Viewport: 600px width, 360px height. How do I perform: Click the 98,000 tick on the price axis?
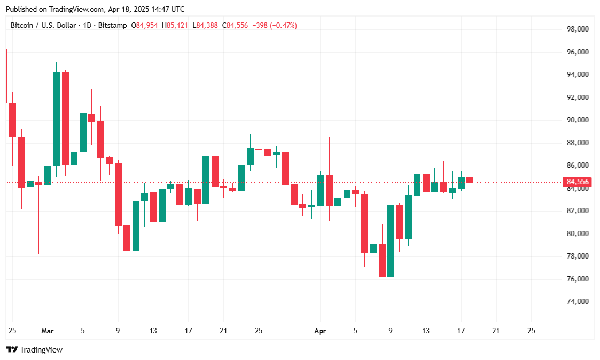[x=578, y=29]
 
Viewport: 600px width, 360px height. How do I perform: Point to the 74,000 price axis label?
[x=578, y=302]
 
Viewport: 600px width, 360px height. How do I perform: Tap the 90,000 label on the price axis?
[x=578, y=120]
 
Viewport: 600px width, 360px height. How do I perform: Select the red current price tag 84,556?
[x=577, y=182]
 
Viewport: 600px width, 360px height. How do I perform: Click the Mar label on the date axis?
[x=48, y=331]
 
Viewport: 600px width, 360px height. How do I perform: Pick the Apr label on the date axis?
[x=320, y=331]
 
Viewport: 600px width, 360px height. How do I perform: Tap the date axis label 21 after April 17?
[x=496, y=331]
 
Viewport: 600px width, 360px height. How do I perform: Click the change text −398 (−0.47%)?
[x=275, y=25]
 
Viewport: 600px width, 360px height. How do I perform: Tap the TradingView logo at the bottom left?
[x=34, y=350]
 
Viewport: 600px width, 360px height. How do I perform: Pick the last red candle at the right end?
[x=470, y=180]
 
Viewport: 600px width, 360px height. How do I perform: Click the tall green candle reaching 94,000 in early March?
[x=56, y=119]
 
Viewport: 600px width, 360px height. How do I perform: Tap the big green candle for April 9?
[x=391, y=240]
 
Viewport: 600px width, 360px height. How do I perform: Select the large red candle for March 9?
[x=118, y=194]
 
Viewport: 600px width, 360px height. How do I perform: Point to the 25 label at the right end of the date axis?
[x=531, y=331]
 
